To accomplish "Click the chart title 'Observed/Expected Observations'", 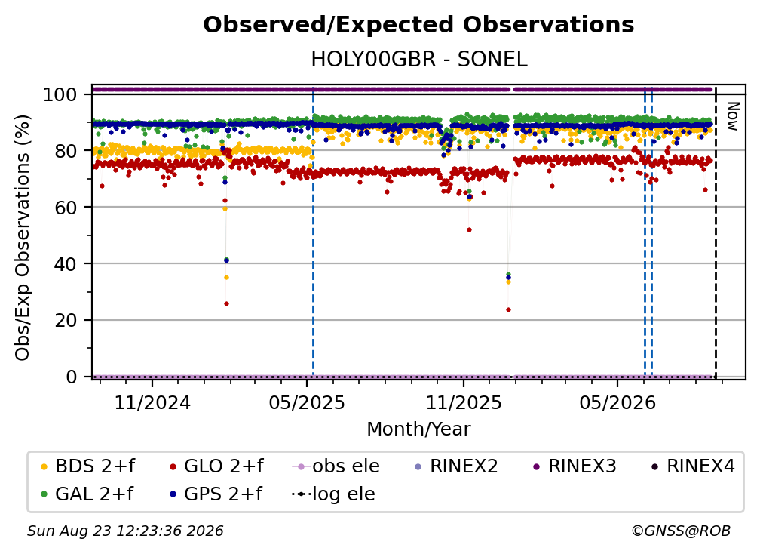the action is pyautogui.click(x=418, y=25).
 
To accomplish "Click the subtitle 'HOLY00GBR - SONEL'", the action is pyautogui.click(x=418, y=60).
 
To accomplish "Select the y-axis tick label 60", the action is pyautogui.click(x=66, y=208).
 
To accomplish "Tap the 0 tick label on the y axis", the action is pyautogui.click(x=72, y=377).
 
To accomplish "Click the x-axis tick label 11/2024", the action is pyautogui.click(x=152, y=402).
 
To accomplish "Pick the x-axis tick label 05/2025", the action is pyautogui.click(x=307, y=402).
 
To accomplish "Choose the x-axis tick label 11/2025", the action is pyautogui.click(x=464, y=402).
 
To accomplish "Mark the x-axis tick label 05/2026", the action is pyautogui.click(x=617, y=402).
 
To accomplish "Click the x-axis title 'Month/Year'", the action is pyautogui.click(x=418, y=429).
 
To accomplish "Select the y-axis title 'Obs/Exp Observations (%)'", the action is pyautogui.click(x=23, y=237).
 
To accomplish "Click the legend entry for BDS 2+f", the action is pyautogui.click(x=87, y=466).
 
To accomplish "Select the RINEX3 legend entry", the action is pyautogui.click(x=575, y=466).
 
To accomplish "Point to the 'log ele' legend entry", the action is pyautogui.click(x=333, y=494).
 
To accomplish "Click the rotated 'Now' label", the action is pyautogui.click(x=732, y=116).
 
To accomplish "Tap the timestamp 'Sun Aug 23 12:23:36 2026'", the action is pyautogui.click(x=125, y=531).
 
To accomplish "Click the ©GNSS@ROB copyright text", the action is pyautogui.click(x=681, y=531).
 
